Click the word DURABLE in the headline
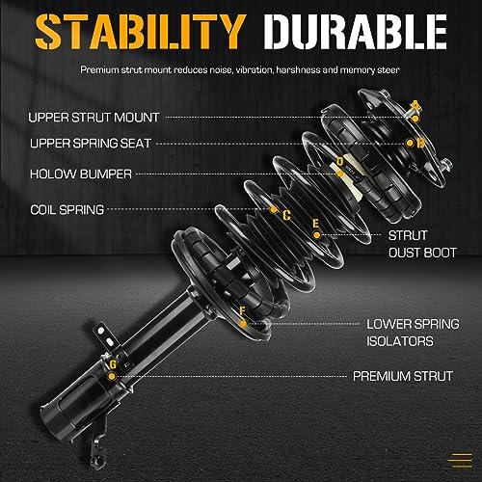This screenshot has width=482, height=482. click(x=355, y=32)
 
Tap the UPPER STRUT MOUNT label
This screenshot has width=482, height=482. click(x=94, y=118)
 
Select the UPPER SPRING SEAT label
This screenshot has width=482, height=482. click(x=91, y=144)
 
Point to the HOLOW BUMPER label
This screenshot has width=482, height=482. click(x=81, y=174)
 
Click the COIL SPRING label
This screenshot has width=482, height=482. click(x=67, y=210)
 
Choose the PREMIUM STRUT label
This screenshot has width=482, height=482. click(x=403, y=376)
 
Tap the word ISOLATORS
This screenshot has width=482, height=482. click(x=400, y=341)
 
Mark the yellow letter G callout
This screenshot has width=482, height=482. click(x=113, y=364)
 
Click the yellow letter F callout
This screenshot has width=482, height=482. click(x=243, y=311)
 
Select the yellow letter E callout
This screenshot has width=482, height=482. click(x=316, y=224)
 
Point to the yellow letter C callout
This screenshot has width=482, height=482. click(x=286, y=215)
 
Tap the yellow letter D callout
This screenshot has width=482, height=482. click(x=340, y=162)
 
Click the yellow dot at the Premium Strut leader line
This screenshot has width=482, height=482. click(x=112, y=376)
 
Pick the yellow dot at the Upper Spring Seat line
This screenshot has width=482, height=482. click(x=410, y=143)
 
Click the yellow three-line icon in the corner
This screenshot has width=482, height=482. click(x=461, y=461)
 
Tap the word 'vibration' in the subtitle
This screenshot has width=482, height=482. click(x=254, y=69)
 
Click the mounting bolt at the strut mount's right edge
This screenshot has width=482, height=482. click(x=446, y=165)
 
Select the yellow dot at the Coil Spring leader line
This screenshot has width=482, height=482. click(x=273, y=210)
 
